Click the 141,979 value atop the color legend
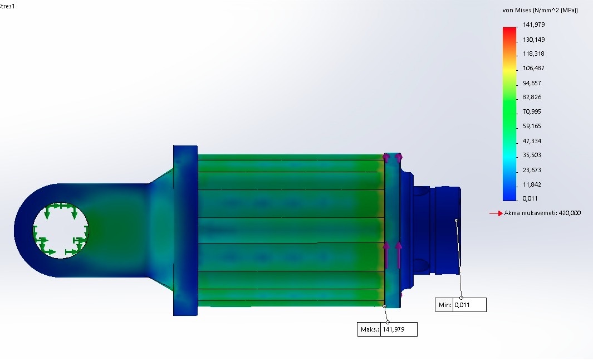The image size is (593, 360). click(533, 25)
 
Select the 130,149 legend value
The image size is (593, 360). click(533, 40)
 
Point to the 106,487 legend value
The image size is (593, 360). click(533, 68)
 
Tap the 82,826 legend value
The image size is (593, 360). click(532, 98)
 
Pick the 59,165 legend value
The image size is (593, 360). click(532, 126)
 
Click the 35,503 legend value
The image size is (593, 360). click(532, 155)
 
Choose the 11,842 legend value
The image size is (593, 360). click(532, 184)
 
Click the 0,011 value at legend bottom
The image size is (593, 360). click(530, 198)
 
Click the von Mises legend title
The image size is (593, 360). click(540, 10)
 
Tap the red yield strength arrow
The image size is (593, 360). click(496, 213)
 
